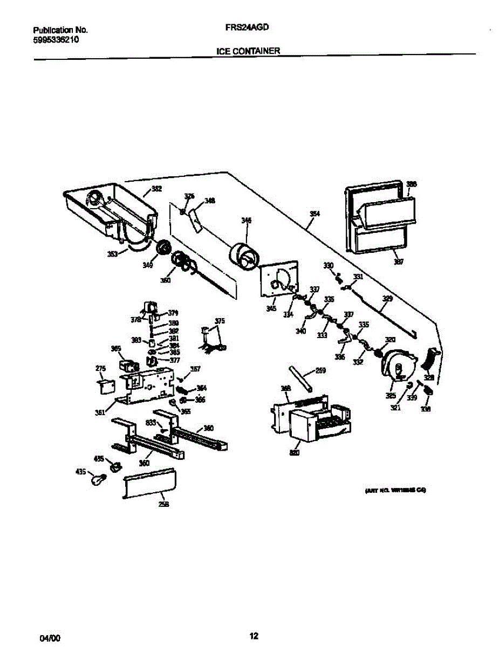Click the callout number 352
pyautogui.click(x=156, y=189)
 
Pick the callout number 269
pyautogui.click(x=320, y=370)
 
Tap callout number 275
pyautogui.click(x=100, y=369)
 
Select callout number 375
pyautogui.click(x=220, y=321)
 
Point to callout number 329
pyautogui.click(x=387, y=298)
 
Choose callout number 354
pyautogui.click(x=315, y=214)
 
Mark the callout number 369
pyautogui.click(x=115, y=349)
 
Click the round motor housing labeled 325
pyautogui.click(x=396, y=367)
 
